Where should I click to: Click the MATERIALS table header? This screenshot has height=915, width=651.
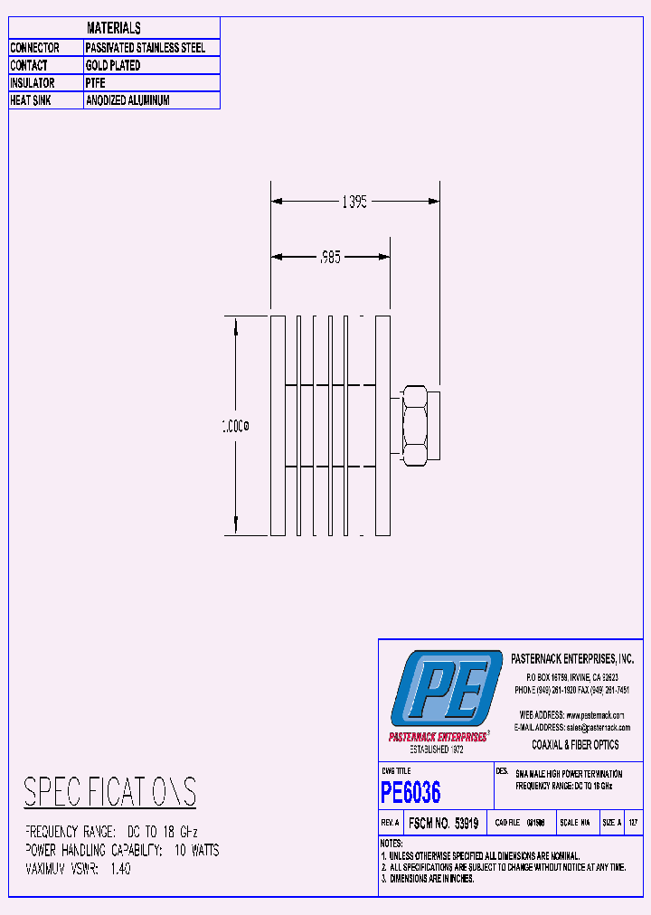(x=114, y=28)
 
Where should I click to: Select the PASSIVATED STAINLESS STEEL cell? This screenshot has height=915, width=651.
(x=146, y=47)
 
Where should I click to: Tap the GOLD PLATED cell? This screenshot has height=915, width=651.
(x=113, y=65)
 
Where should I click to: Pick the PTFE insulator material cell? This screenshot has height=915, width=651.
(x=96, y=83)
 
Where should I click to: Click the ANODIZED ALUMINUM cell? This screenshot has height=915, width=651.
(x=127, y=100)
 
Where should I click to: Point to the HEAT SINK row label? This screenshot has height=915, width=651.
(x=31, y=100)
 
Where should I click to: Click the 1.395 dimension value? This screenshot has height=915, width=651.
(x=354, y=203)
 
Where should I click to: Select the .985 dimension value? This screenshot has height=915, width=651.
(x=330, y=257)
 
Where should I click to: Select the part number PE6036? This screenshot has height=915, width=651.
(x=411, y=793)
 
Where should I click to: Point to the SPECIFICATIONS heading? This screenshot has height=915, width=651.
(x=109, y=792)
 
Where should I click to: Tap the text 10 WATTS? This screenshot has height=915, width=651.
(x=196, y=850)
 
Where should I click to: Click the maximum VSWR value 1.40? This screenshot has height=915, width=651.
(x=120, y=869)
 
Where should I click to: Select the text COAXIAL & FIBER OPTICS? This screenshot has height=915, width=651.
(x=575, y=745)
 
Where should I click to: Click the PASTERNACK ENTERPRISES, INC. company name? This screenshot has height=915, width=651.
(x=572, y=658)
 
